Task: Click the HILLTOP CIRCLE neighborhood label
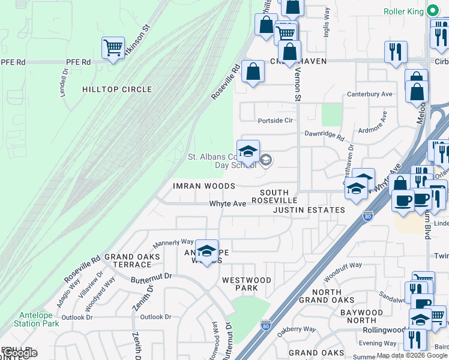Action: (117, 89)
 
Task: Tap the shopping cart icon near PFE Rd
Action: (113, 47)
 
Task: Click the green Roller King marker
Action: (432, 11)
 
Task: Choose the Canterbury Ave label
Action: (370, 94)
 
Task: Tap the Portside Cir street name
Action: (275, 120)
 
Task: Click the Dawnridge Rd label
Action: (324, 136)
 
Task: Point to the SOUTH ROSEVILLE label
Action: (274, 196)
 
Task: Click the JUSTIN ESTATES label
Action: (309, 210)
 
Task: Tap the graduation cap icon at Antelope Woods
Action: (206, 251)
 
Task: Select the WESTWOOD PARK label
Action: (246, 284)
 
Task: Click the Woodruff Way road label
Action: (343, 265)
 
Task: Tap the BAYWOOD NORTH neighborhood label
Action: (361, 316)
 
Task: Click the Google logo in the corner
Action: (19, 353)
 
